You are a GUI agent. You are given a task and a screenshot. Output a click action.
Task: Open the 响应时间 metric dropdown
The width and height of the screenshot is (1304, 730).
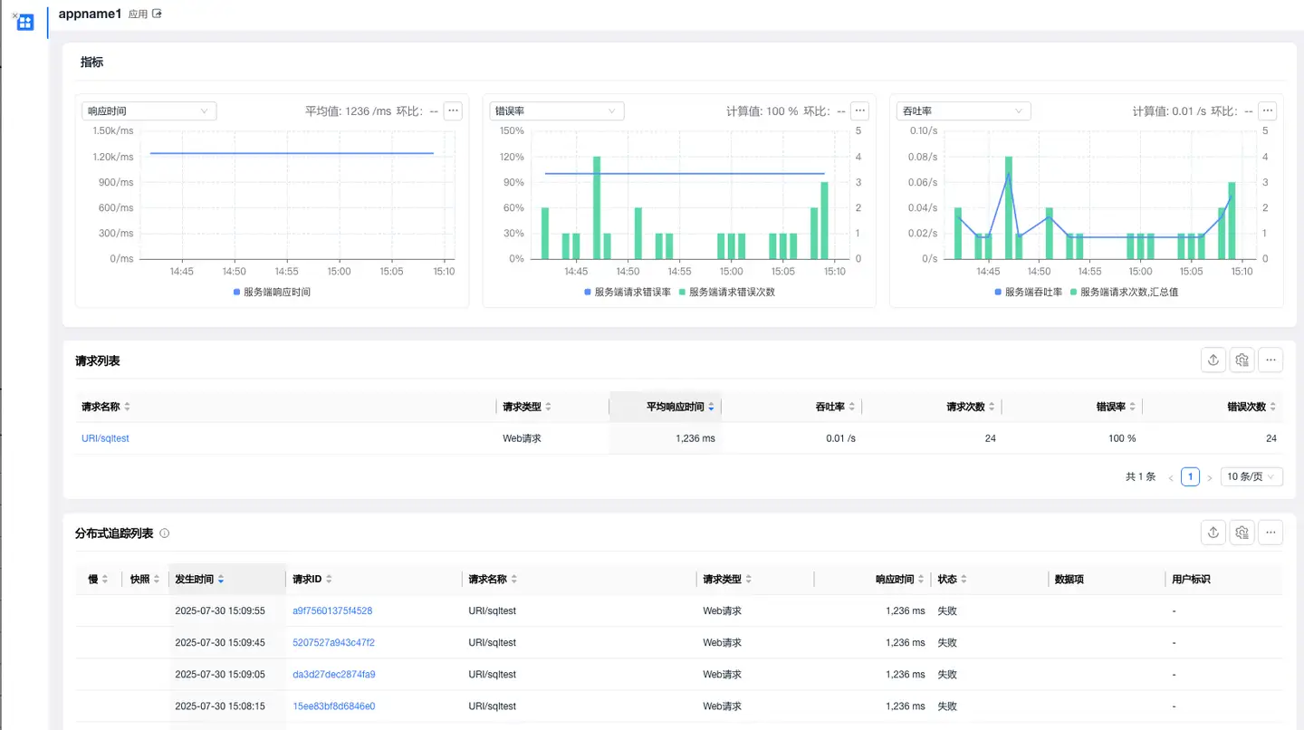(149, 111)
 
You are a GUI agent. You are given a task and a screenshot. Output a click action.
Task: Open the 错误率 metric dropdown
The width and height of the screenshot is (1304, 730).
(556, 111)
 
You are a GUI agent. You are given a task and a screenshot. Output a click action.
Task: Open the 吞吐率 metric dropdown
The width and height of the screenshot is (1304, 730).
(964, 111)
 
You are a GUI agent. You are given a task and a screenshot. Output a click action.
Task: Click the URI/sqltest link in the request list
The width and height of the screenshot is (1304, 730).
(105, 438)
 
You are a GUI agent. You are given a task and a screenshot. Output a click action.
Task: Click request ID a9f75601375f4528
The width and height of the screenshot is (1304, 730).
(332, 610)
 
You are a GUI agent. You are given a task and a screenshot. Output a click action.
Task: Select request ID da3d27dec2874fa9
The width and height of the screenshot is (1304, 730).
(333, 674)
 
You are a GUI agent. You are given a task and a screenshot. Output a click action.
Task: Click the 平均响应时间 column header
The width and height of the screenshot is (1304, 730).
(675, 407)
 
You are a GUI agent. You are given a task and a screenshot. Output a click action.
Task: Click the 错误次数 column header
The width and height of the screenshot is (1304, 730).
(1246, 407)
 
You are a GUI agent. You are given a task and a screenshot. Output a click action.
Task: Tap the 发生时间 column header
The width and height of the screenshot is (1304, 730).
(195, 579)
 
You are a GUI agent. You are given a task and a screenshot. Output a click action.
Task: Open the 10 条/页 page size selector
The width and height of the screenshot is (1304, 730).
(1251, 476)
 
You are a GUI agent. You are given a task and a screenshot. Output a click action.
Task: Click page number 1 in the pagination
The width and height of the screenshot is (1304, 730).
(1190, 476)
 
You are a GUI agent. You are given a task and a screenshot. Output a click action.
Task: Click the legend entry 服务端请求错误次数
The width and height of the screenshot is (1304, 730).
(732, 293)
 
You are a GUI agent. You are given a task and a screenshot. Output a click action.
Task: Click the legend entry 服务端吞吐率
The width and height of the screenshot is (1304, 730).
(1033, 293)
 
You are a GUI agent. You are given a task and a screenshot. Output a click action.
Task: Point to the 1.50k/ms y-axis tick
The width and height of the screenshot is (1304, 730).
(113, 130)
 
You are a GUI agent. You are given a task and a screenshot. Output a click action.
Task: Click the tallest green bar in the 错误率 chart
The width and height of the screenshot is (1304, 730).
(597, 207)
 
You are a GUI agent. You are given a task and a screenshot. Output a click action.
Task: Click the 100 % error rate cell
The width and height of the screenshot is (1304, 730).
(1122, 438)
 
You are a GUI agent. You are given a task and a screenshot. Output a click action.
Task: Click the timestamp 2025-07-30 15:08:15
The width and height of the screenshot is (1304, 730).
(220, 706)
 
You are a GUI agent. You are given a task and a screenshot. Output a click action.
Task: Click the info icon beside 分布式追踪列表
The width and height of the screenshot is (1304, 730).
(165, 533)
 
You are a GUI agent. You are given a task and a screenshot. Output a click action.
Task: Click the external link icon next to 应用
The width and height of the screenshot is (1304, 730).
(157, 14)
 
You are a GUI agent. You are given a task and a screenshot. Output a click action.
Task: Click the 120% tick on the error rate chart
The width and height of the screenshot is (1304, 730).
(513, 157)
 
